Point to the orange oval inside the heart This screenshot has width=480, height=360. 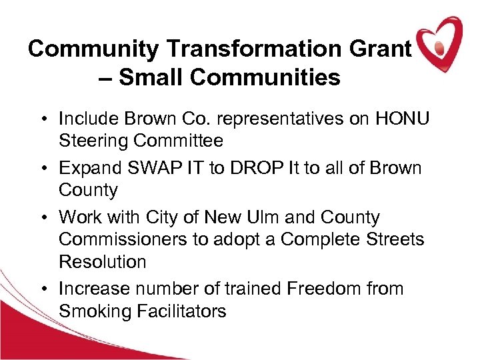(439, 48)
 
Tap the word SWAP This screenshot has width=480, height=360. (156, 167)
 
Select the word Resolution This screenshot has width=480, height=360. (102, 262)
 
